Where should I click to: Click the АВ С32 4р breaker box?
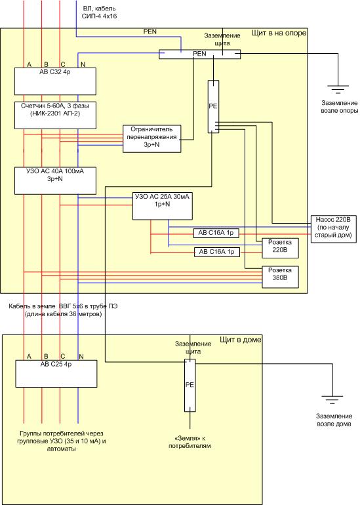[55, 81]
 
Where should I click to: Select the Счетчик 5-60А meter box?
[55, 115]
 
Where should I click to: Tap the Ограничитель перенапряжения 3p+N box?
[151, 138]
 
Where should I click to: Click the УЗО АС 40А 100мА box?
[55, 180]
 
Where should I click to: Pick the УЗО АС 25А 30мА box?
[162, 206]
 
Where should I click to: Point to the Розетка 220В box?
[280, 248]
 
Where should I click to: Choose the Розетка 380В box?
[280, 277]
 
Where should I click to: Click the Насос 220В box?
[334, 229]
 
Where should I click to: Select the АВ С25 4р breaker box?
[56, 374]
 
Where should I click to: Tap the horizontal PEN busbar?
[199, 54]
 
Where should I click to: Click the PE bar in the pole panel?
[213, 106]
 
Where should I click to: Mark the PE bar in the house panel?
[190, 385]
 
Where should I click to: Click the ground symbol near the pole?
[338, 89]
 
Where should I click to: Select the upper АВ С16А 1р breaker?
[216, 233]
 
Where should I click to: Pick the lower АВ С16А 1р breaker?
[217, 252]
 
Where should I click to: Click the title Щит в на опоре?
[279, 33]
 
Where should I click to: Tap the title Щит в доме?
[241, 340]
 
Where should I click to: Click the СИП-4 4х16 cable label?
[99, 16]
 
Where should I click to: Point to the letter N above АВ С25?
[81, 357]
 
